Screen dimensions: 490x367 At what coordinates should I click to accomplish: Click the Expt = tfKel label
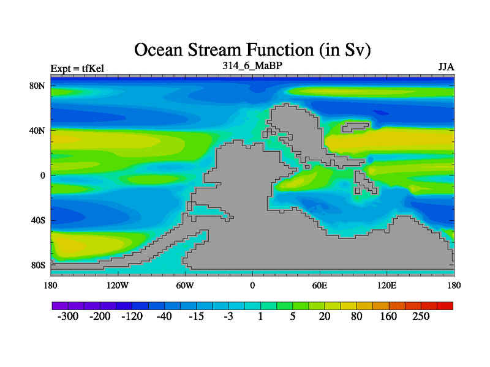(x=77, y=69)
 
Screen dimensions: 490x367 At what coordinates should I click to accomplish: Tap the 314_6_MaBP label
(x=252, y=65)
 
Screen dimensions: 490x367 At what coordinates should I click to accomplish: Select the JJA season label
(x=447, y=67)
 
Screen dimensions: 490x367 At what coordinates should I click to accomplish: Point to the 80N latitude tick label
(x=37, y=86)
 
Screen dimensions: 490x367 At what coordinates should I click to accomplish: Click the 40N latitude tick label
(x=37, y=130)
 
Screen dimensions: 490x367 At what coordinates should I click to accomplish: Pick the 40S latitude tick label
(x=38, y=220)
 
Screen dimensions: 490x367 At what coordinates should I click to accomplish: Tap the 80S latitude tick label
(x=38, y=265)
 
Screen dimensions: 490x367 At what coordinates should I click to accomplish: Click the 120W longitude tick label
(x=118, y=285)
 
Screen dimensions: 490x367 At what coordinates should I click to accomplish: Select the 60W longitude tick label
(x=185, y=285)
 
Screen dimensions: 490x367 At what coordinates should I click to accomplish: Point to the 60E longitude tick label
(x=320, y=285)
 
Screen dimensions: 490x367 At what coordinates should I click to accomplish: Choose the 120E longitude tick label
(x=387, y=285)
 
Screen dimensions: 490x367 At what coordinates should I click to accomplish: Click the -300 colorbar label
(x=68, y=316)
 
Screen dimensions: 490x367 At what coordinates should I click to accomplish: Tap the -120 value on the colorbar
(x=132, y=316)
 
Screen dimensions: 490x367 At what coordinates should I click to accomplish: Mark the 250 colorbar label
(x=421, y=316)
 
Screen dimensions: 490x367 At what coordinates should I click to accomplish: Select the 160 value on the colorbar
(x=388, y=316)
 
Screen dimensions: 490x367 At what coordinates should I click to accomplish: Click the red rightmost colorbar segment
(x=445, y=306)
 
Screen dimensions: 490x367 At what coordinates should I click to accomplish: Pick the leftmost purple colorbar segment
(x=60, y=306)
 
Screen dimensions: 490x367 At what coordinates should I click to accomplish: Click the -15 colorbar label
(x=196, y=316)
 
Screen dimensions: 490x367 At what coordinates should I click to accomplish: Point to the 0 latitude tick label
(x=43, y=176)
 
